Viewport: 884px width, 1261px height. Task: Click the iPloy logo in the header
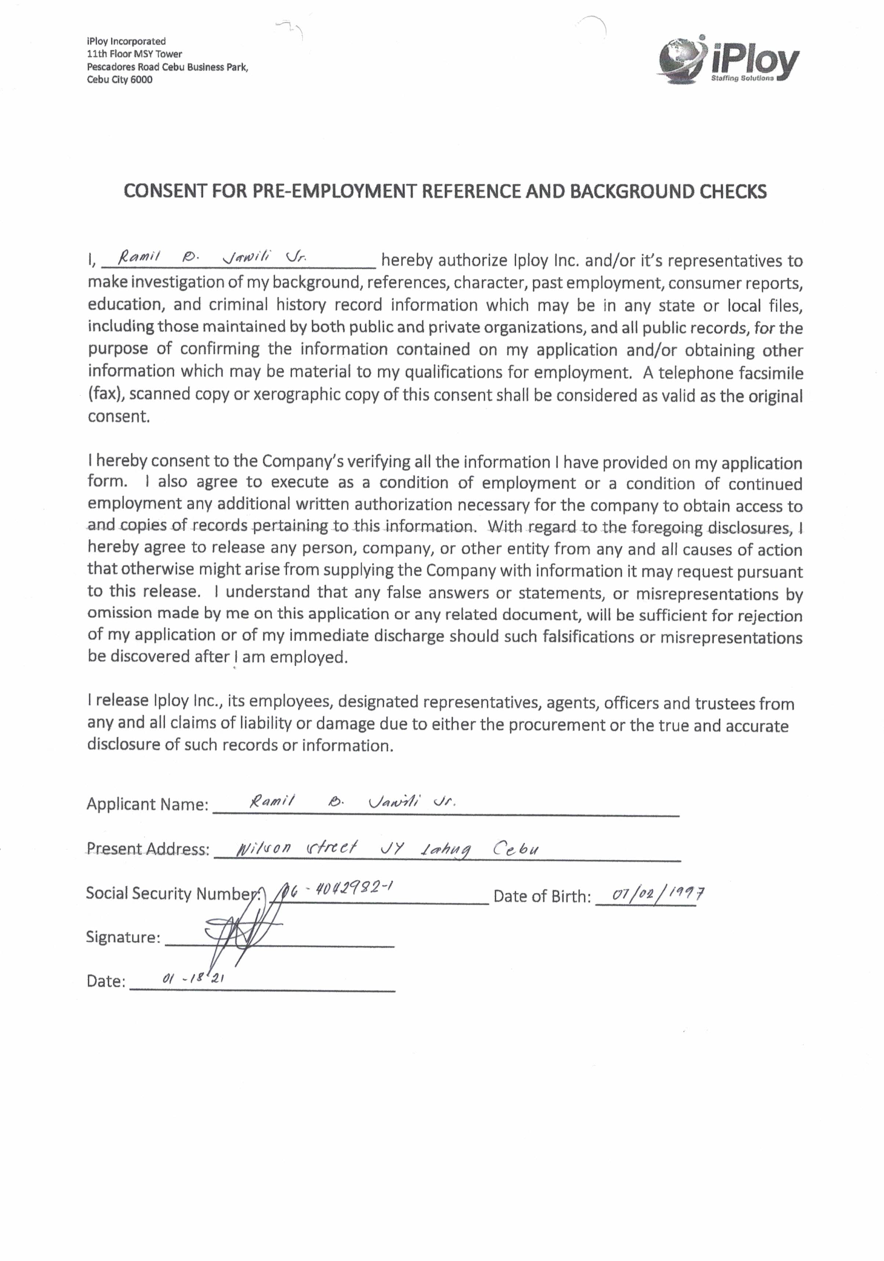click(x=728, y=61)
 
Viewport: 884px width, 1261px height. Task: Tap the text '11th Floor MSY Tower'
click(x=135, y=54)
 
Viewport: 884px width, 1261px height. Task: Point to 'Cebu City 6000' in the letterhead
click(x=120, y=80)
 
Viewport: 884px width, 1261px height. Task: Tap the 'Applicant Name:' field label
click(x=147, y=804)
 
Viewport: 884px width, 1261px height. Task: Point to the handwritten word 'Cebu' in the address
click(x=515, y=849)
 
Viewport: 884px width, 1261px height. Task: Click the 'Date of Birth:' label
click(x=542, y=896)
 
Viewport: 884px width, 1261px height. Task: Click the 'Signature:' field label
click(x=123, y=937)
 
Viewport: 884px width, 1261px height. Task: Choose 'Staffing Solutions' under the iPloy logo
click(x=742, y=79)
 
